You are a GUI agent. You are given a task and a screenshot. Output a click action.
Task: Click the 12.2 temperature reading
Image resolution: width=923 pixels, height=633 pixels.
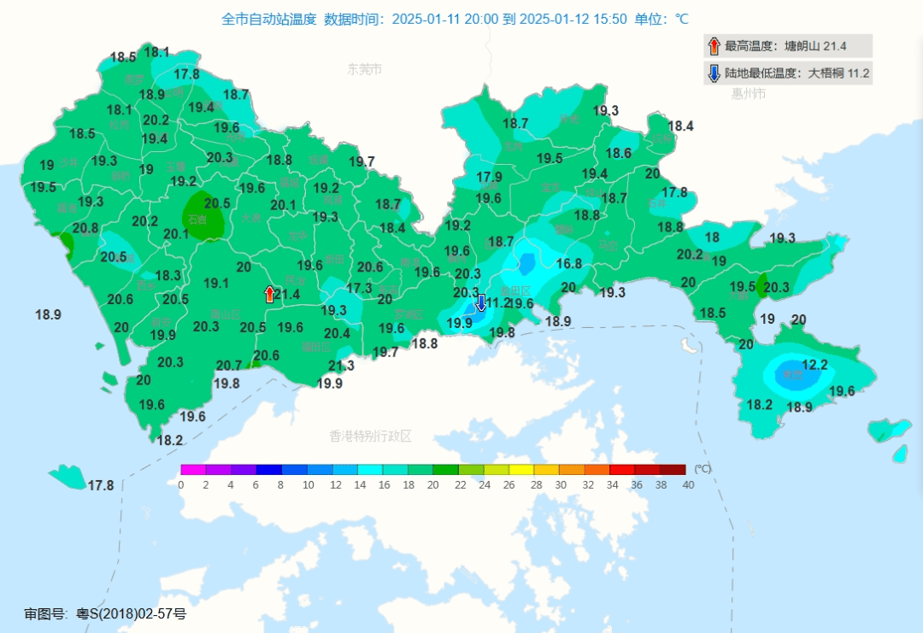(x=815, y=365)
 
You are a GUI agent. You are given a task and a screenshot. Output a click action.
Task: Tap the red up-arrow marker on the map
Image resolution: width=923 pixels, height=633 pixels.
(x=270, y=294)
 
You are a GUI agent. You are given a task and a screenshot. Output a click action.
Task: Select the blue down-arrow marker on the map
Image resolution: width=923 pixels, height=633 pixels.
(x=480, y=302)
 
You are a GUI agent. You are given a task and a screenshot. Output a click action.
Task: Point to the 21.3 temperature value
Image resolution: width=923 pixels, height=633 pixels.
(x=342, y=366)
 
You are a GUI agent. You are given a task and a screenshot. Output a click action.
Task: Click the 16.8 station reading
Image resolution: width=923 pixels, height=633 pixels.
(x=568, y=264)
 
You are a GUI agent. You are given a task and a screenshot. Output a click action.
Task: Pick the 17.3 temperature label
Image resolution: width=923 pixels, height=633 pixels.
(x=360, y=289)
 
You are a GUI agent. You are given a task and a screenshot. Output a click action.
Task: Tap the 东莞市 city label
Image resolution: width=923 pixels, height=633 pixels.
(x=364, y=69)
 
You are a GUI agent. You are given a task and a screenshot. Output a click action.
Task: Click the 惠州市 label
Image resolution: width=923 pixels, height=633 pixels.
(x=748, y=94)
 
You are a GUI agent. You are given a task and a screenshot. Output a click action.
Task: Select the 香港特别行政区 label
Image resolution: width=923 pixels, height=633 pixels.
(x=370, y=436)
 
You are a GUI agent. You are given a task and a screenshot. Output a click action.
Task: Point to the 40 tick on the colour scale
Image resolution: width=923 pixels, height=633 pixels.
(x=688, y=485)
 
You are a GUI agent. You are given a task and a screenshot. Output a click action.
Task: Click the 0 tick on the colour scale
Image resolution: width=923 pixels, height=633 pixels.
(x=181, y=485)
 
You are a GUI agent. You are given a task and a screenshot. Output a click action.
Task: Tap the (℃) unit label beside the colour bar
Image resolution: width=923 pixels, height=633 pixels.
(x=702, y=469)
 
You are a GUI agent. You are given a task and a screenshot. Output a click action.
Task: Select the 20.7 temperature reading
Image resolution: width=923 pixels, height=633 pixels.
(x=228, y=366)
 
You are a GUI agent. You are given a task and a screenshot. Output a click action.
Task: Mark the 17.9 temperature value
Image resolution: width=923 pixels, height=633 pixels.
(x=489, y=177)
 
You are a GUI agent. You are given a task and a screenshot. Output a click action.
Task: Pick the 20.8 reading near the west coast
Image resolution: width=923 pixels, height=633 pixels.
(x=85, y=228)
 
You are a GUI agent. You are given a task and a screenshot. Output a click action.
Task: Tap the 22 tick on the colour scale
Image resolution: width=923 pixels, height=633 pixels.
(x=460, y=485)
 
